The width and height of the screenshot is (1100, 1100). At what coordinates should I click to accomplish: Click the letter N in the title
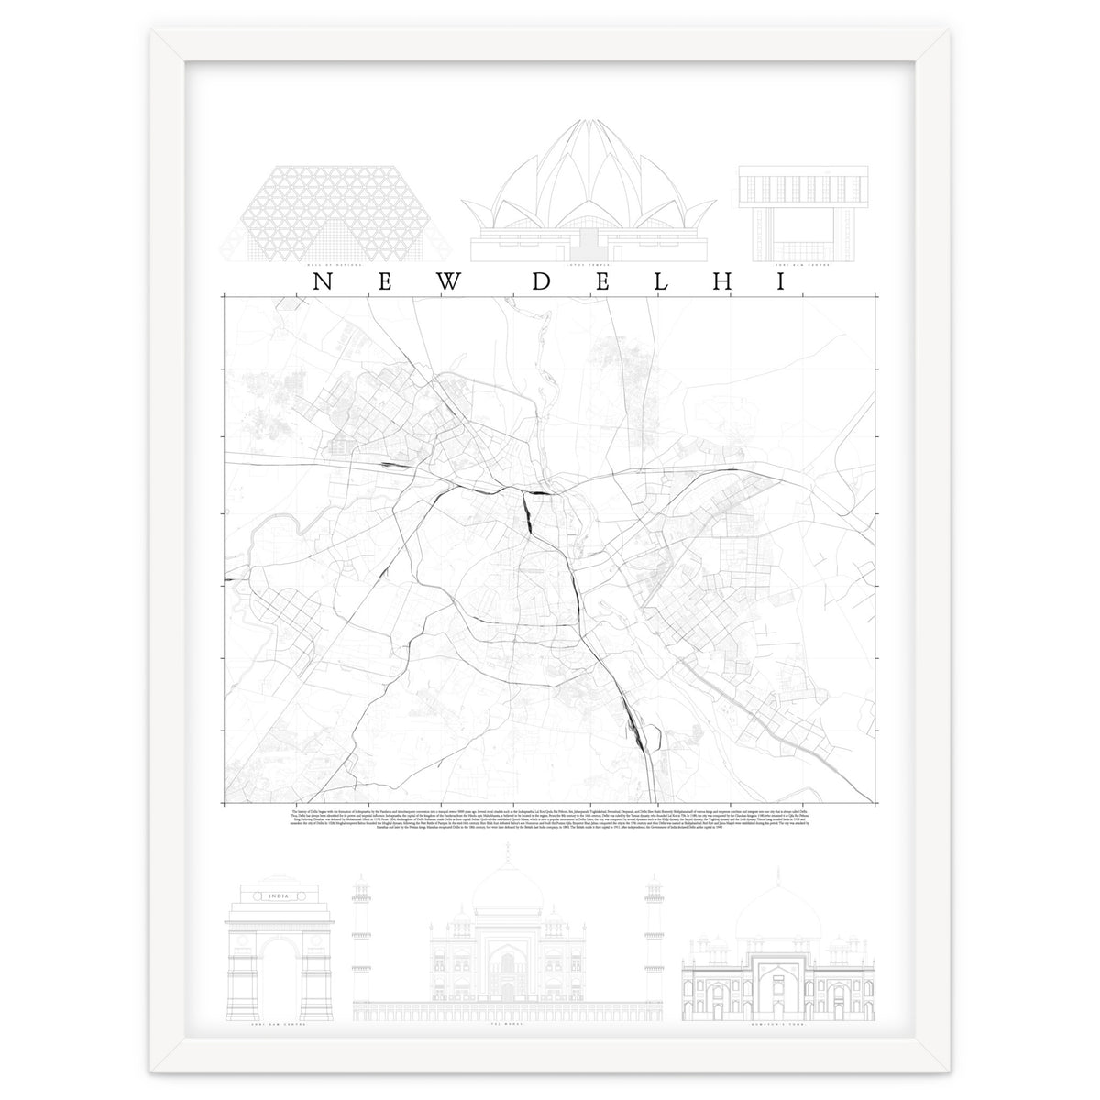321,281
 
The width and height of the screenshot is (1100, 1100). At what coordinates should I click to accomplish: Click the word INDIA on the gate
271,896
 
